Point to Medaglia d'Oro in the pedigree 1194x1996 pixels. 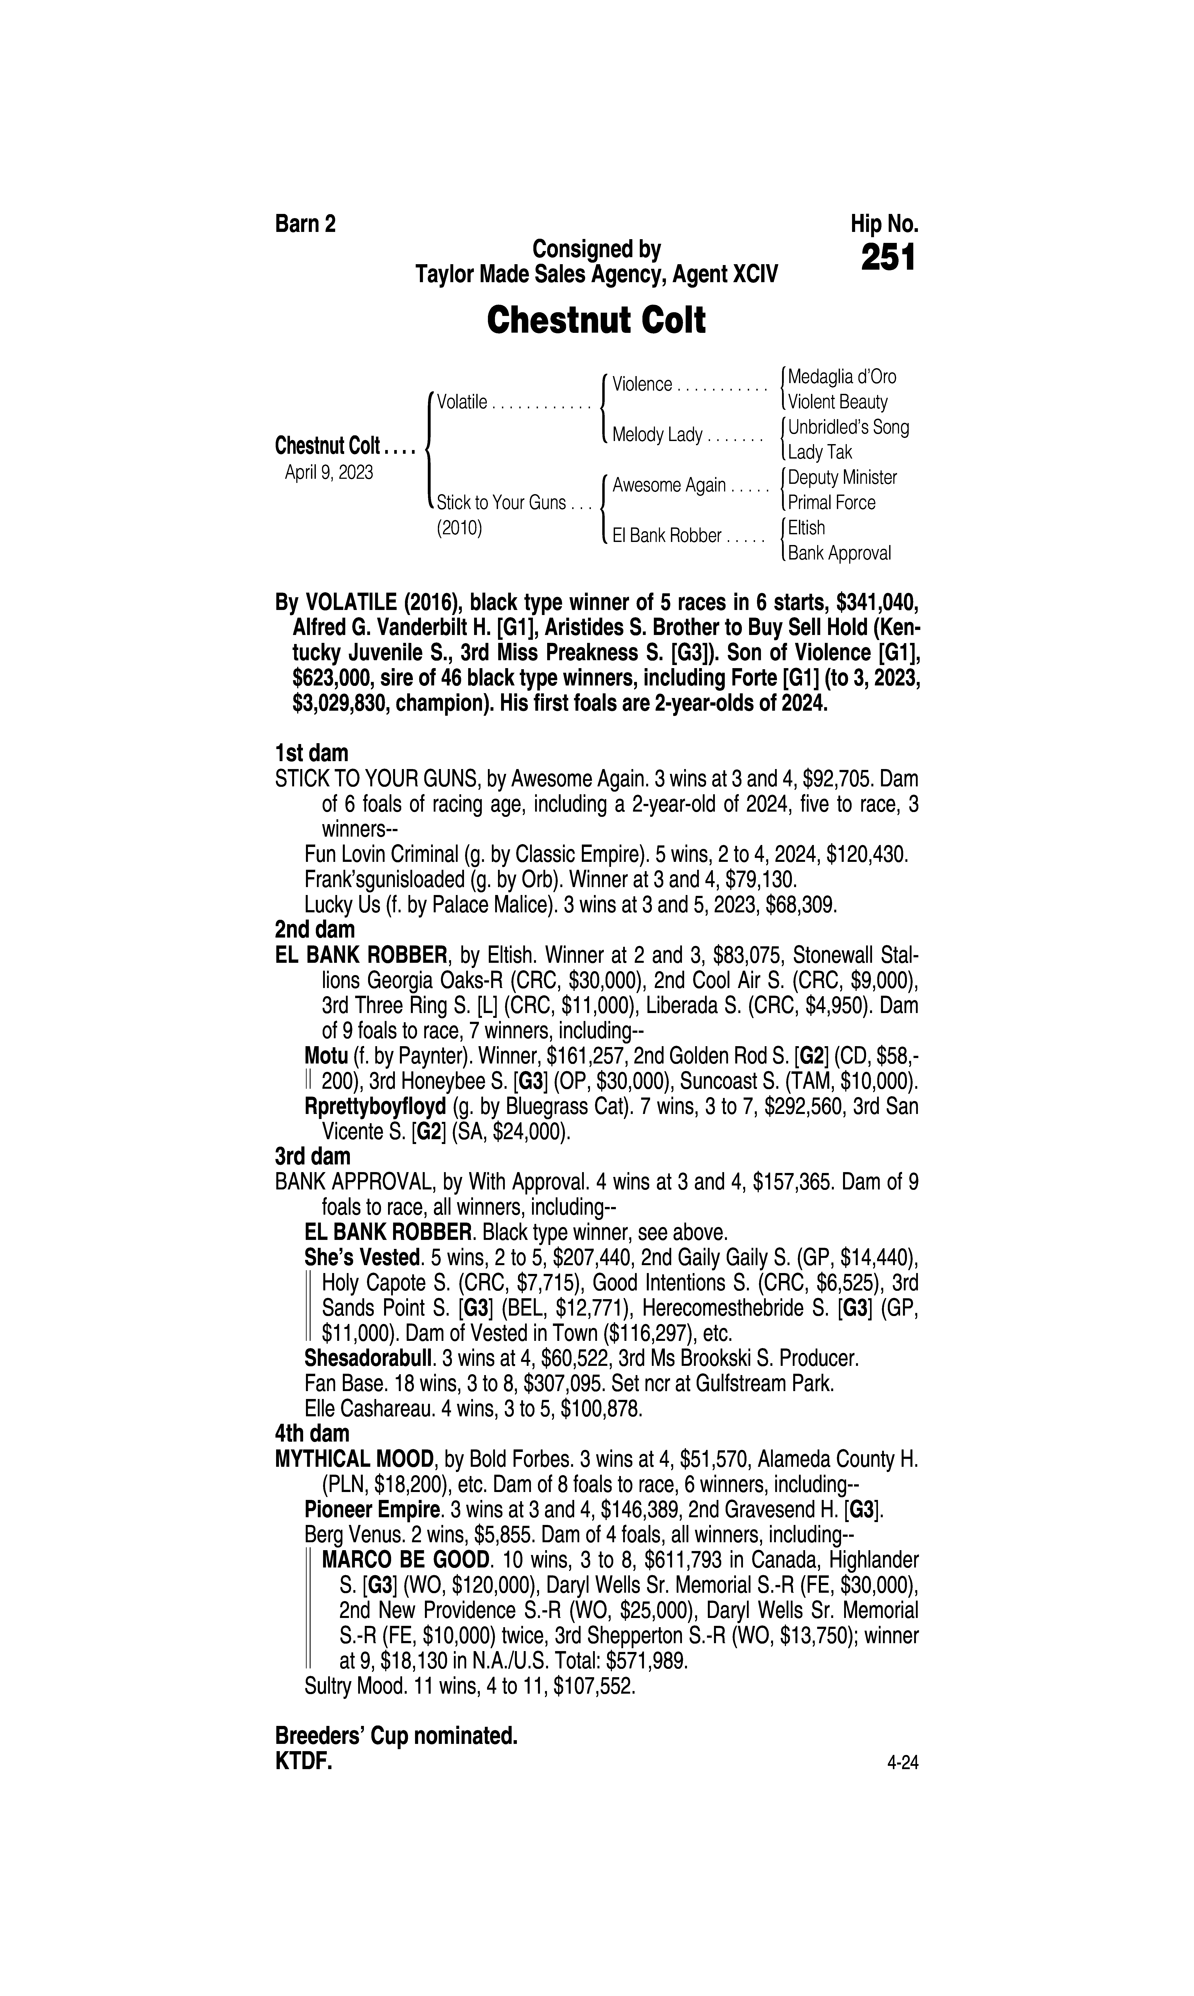click(x=842, y=376)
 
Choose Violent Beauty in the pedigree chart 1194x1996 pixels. click(x=838, y=402)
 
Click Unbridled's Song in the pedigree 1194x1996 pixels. click(x=848, y=427)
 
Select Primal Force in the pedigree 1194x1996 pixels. click(x=831, y=503)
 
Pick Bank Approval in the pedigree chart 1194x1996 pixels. click(x=839, y=553)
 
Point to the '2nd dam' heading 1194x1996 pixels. click(x=315, y=930)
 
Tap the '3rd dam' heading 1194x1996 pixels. click(x=313, y=1157)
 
